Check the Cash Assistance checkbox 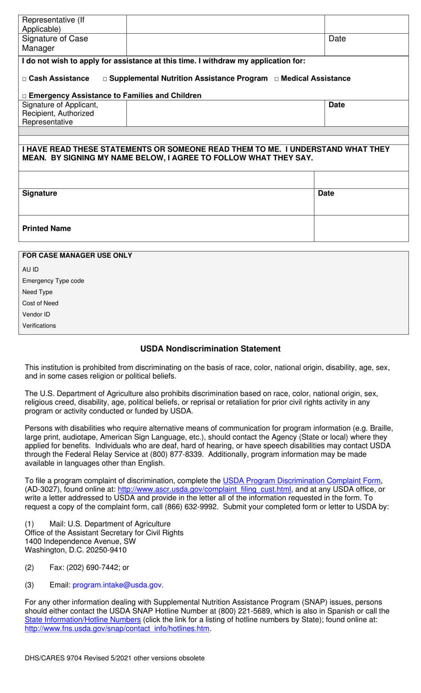tap(24, 79)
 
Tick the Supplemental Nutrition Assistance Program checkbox tap(105, 79)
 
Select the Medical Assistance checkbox tap(277, 79)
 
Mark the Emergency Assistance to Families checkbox tap(24, 96)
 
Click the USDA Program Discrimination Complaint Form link tap(301, 481)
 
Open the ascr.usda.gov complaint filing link tap(204, 490)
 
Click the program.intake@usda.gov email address tap(118, 585)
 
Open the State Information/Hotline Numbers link tap(82, 620)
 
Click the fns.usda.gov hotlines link tap(117, 629)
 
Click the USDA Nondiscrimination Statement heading tap(210, 349)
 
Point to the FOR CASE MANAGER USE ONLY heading tap(77, 256)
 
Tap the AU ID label tap(31, 269)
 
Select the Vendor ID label tap(36, 315)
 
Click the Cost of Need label tap(40, 304)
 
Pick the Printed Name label tap(47, 229)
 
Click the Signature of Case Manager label tap(55, 43)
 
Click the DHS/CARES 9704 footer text tap(114, 658)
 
